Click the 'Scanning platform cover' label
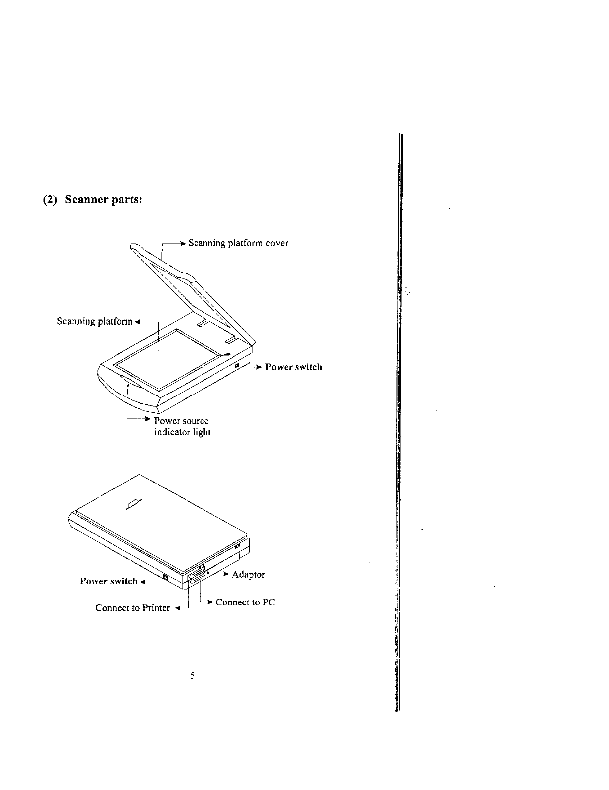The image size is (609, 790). [238, 243]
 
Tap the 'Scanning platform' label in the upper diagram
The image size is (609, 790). [95, 321]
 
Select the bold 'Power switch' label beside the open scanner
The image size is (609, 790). [293, 367]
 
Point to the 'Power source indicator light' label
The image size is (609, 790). [182, 427]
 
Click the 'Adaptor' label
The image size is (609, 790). [248, 575]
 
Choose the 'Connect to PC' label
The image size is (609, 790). [245, 602]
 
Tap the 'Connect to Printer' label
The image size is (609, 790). [133, 608]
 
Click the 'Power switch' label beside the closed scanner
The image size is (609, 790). [108, 581]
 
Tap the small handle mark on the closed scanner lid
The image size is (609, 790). [134, 504]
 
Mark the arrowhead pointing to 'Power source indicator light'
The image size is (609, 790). [148, 420]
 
